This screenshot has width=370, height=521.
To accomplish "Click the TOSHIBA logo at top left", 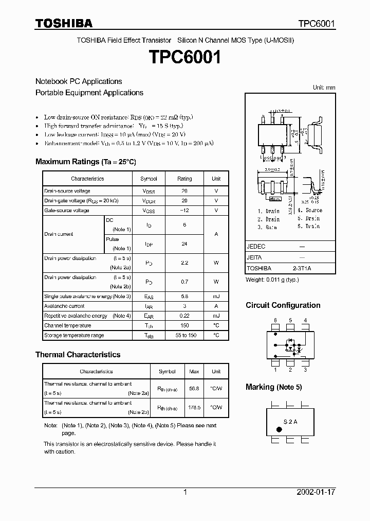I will coord(64,24).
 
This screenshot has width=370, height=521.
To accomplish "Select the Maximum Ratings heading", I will coord(86,162).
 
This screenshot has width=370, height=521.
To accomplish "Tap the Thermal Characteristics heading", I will coord(78,355).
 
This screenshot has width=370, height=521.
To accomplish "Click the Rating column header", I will coord(184,179).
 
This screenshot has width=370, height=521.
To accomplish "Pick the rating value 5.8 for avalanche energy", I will coord(184,296).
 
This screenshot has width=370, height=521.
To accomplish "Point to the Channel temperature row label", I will coord(67,325).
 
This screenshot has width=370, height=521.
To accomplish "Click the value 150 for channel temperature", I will coord(184,325).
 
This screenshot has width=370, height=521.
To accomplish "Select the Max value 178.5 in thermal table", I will coord(194,407).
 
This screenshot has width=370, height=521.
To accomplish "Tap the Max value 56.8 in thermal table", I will coord(194,388).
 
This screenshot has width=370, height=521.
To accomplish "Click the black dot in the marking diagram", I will coord(280,429).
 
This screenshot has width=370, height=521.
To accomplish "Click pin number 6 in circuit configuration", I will coord(275,320).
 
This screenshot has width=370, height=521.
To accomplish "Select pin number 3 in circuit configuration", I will coord(305,369).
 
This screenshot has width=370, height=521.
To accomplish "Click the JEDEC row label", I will coord(256,247).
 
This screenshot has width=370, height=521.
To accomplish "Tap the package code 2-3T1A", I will coord(302,268).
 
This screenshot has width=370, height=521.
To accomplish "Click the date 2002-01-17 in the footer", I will coord(316,492).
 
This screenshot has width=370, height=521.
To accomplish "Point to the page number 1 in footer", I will coord(185,492).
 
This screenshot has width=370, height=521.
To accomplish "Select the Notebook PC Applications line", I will coord(79,81).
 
